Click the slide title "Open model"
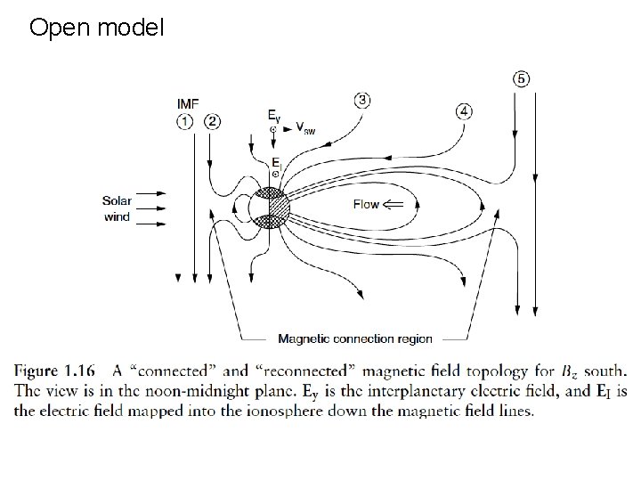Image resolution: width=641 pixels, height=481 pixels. tap(97, 28)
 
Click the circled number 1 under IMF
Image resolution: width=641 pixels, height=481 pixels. tap(185, 122)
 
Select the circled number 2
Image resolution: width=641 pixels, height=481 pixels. tap(212, 122)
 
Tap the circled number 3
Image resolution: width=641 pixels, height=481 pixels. tap(361, 99)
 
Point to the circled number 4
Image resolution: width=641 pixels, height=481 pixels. tap(464, 111)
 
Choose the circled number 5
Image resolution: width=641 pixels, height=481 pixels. tap(521, 78)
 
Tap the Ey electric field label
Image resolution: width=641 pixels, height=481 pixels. tap(274, 115)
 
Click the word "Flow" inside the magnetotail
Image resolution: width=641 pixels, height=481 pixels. tap(366, 205)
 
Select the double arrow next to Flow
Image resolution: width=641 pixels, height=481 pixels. tap(393, 205)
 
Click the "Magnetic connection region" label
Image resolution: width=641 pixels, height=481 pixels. tap(355, 338)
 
